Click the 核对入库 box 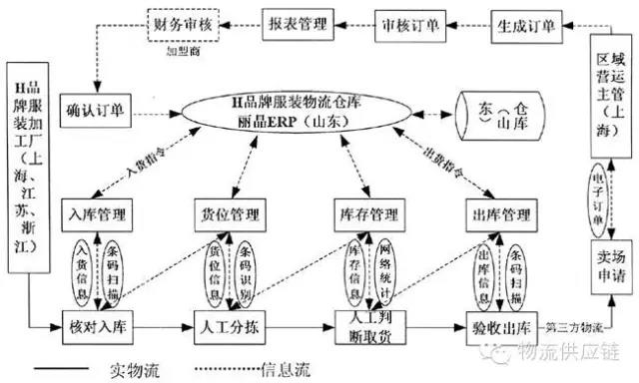coord(96,326)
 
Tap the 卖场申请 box coord(609,261)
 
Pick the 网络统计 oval coord(383,269)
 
